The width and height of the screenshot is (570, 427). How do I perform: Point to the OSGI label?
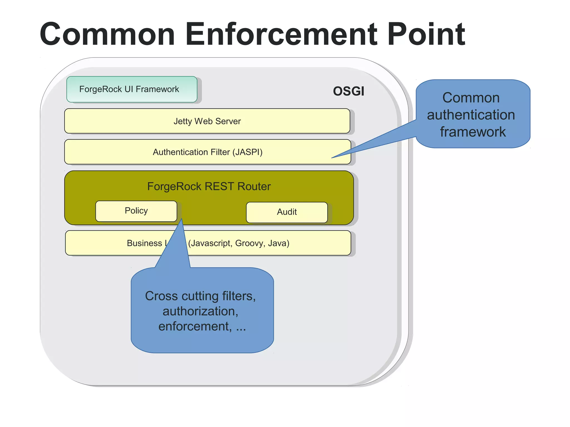348,91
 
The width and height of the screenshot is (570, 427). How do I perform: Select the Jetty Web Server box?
207,121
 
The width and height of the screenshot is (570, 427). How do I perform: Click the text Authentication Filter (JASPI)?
207,152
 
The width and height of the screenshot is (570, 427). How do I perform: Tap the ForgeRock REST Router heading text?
209,186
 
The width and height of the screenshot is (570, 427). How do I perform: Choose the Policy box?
136,211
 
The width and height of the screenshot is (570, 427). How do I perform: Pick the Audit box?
287,212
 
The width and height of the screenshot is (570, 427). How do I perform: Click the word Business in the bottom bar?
144,243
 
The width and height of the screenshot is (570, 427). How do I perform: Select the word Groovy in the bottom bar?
250,243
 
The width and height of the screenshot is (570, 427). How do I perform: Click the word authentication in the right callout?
471,115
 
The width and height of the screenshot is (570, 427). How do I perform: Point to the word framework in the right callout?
473,132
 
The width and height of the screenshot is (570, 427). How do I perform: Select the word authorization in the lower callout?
200,311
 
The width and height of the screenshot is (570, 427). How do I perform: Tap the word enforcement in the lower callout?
195,326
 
